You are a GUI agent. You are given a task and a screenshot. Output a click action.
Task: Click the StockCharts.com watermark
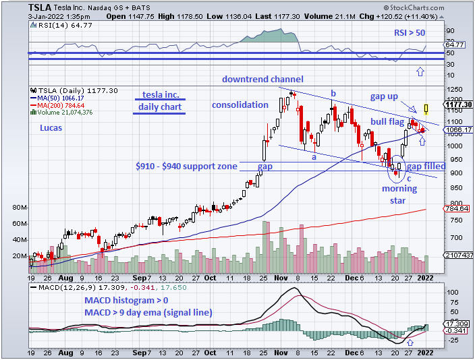pyautogui.click(x=430, y=7)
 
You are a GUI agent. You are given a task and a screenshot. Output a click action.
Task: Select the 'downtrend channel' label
pyautogui.click(x=263, y=79)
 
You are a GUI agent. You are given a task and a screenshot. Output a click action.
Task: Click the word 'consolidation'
pyautogui.click(x=240, y=105)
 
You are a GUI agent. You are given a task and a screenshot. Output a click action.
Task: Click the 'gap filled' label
pyautogui.click(x=426, y=166)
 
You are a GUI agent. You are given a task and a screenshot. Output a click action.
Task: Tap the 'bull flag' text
pyautogui.click(x=387, y=121)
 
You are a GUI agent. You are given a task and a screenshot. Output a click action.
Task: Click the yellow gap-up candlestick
pyautogui.click(x=426, y=108)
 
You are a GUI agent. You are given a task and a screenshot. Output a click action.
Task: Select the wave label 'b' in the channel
pyautogui.click(x=333, y=93)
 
